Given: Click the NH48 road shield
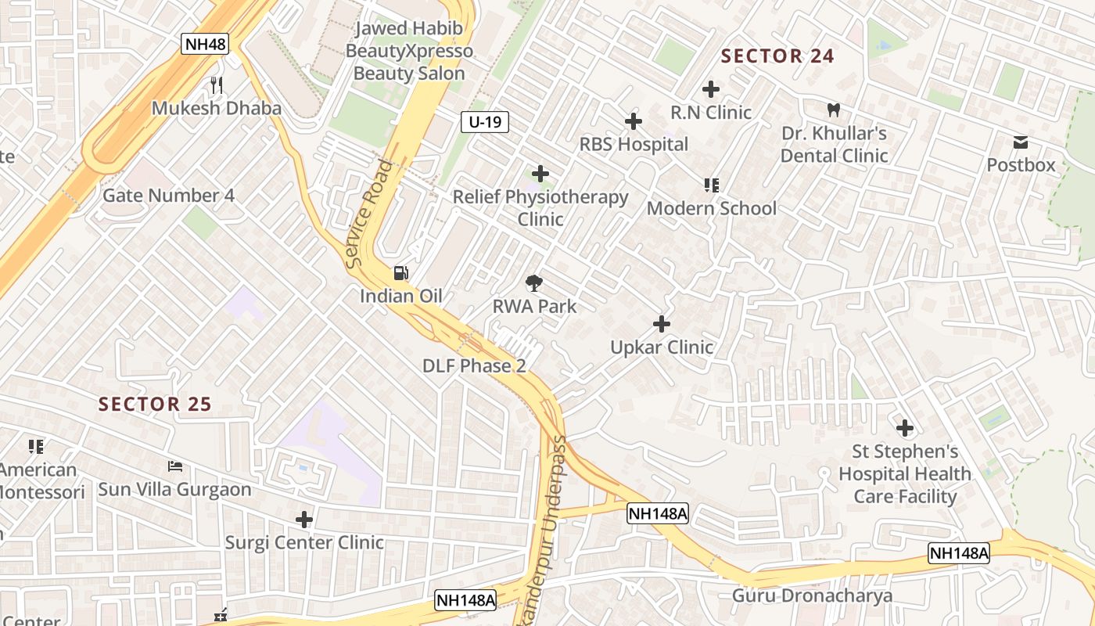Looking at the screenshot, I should [205, 44].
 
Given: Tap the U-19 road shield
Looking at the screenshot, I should [485, 121].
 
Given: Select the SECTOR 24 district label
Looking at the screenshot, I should [777, 56].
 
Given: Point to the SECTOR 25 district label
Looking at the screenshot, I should [155, 404].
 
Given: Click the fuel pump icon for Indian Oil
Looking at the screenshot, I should [400, 273].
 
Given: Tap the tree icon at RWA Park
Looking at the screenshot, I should [535, 283].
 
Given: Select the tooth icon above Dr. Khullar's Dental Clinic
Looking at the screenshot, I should [834, 110].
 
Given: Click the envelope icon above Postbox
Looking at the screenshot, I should [1021, 142].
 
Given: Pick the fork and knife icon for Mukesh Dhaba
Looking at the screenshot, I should [217, 85].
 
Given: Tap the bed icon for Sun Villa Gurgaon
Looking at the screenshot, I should [175, 467].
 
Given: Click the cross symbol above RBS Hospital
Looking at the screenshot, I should [634, 121].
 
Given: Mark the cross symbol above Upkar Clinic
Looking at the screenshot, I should [662, 324].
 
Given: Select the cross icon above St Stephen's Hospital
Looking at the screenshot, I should [905, 428].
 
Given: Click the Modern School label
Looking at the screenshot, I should [712, 208].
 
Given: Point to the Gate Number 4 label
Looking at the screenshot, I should [168, 195].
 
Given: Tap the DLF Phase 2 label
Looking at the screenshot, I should [474, 365].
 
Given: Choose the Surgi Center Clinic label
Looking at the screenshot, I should [304, 542].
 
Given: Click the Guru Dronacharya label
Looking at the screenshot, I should [812, 596].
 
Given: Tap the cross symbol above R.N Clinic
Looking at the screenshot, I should [711, 89].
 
